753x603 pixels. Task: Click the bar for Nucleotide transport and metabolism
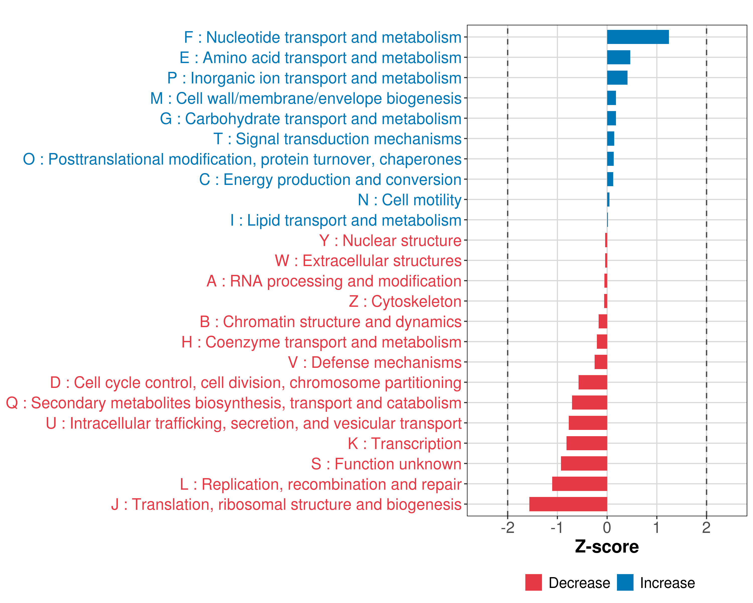tap(638, 37)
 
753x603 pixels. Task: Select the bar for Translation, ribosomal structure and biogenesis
tap(568, 504)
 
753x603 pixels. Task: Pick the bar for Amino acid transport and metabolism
tap(618, 57)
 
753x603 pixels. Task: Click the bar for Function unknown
tap(584, 464)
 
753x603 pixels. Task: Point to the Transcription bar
tap(587, 443)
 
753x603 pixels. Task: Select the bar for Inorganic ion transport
tap(617, 78)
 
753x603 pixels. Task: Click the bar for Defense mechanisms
tap(601, 362)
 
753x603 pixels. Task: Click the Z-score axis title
tap(607, 547)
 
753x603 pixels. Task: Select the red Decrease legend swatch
tap(533, 582)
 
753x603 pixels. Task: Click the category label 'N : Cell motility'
tap(409, 200)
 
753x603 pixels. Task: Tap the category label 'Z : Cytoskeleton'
tap(405, 301)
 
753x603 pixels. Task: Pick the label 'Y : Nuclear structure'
tap(390, 240)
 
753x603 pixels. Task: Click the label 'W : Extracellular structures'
tap(368, 261)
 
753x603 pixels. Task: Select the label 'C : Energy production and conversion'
tap(330, 180)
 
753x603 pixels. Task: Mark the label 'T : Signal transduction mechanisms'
tap(337, 139)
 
